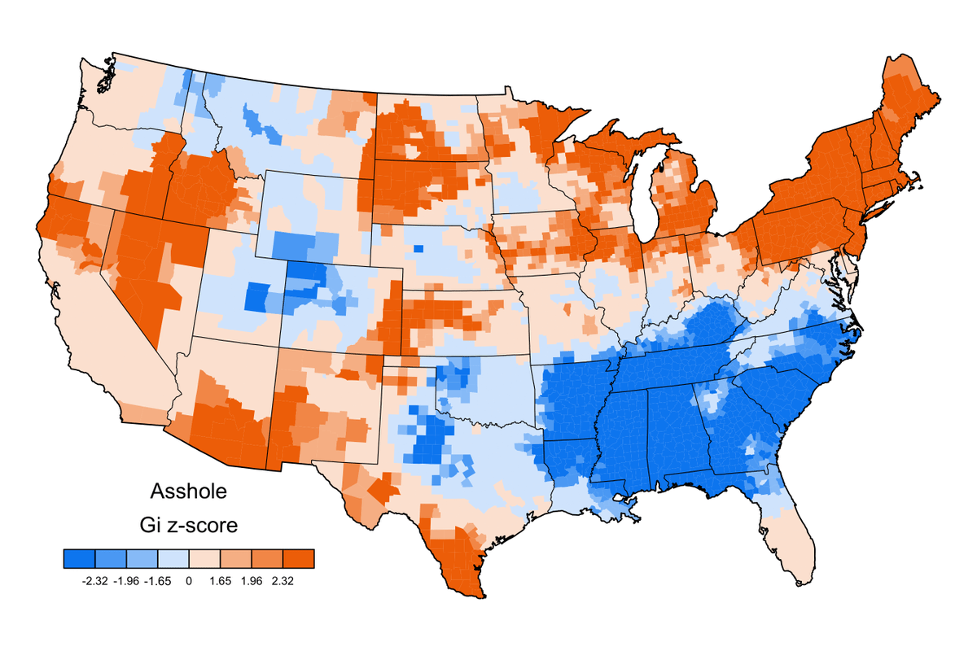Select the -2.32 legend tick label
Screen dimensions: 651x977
pyautogui.click(x=95, y=581)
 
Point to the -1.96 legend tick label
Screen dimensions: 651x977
pyautogui.click(x=126, y=581)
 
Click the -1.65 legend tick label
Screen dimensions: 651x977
pyautogui.click(x=157, y=581)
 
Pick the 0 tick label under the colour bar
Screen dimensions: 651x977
pyautogui.click(x=188, y=581)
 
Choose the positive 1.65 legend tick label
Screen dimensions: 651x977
pyautogui.click(x=220, y=581)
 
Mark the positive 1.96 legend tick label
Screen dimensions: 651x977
pyautogui.click(x=251, y=581)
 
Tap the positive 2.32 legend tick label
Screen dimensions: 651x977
pyautogui.click(x=282, y=581)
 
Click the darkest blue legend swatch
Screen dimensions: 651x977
pyautogui.click(x=79, y=558)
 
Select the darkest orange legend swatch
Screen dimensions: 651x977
pyautogui.click(x=297, y=558)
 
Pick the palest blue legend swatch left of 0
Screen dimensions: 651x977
pyautogui.click(x=173, y=558)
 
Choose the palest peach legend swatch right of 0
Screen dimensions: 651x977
pyautogui.click(x=204, y=558)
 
